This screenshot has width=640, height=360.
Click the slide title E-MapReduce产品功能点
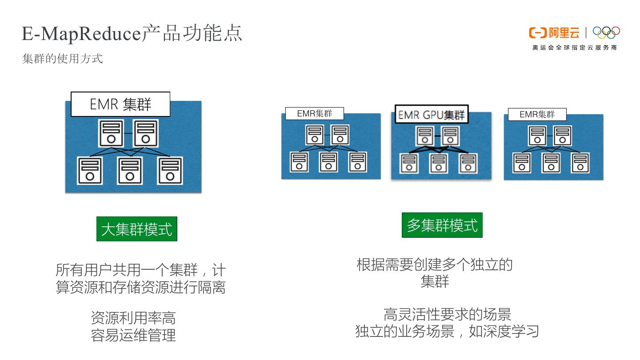click(x=132, y=33)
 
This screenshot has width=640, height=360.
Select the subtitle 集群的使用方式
click(x=62, y=58)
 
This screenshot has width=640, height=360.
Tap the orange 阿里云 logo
click(x=554, y=33)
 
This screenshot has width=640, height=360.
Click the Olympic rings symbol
click(x=606, y=32)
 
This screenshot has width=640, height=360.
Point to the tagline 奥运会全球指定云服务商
click(x=574, y=48)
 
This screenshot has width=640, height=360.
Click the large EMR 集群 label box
click(x=120, y=104)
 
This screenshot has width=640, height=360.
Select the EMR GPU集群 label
click(x=431, y=115)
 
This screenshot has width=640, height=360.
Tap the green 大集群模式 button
click(x=137, y=229)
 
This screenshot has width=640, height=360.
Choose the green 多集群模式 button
click(x=442, y=225)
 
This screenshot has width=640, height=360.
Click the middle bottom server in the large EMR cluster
click(x=130, y=171)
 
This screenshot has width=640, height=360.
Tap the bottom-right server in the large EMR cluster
click(x=170, y=171)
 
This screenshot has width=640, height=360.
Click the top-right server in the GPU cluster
click(x=450, y=136)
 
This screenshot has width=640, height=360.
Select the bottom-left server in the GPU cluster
click(x=409, y=163)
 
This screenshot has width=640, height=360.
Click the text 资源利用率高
click(x=133, y=318)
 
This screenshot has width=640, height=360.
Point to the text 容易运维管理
click(x=133, y=335)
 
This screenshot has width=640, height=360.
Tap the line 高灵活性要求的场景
click(x=447, y=314)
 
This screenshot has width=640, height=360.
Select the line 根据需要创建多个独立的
click(x=435, y=265)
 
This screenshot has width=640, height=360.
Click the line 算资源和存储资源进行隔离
click(x=140, y=287)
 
